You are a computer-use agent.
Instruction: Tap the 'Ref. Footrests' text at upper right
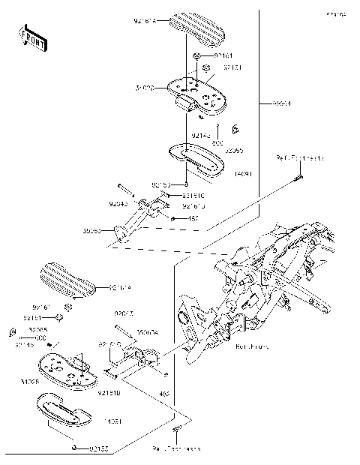point(299,158)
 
